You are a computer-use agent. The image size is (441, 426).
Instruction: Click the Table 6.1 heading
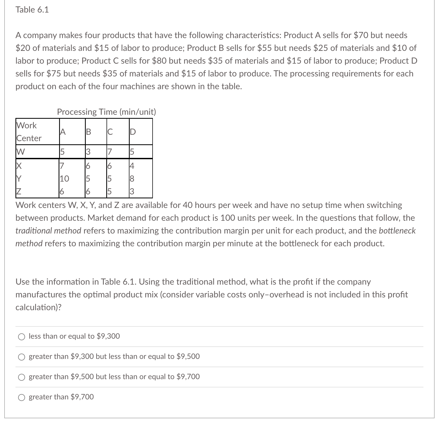click(x=32, y=10)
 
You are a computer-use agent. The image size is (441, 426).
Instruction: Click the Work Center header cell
click(x=29, y=132)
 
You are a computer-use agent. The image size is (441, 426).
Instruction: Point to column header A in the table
click(x=62, y=132)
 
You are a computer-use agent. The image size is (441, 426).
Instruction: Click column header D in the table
click(x=133, y=132)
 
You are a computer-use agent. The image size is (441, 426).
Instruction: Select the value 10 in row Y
click(x=64, y=179)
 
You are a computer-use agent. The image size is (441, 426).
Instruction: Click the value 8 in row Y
click(x=132, y=179)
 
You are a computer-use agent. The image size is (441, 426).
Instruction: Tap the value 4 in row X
click(x=132, y=166)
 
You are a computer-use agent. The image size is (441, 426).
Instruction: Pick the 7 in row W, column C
click(x=109, y=152)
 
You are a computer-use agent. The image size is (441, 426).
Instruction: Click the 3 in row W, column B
click(x=88, y=152)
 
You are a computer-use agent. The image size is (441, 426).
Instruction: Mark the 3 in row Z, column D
click(x=132, y=191)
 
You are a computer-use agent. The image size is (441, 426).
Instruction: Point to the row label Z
click(x=19, y=191)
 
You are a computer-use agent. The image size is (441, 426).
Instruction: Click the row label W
click(x=21, y=152)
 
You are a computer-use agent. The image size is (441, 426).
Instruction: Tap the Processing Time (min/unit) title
click(x=107, y=112)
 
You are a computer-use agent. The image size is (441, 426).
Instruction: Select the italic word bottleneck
click(x=397, y=231)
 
